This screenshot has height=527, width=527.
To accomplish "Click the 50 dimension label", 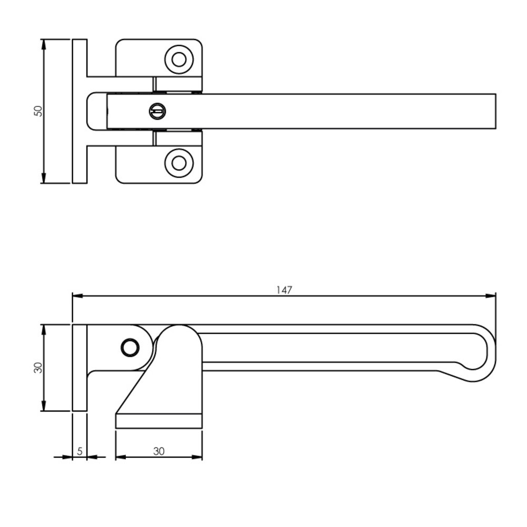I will pyautogui.click(x=37, y=111).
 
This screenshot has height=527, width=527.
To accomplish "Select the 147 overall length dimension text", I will pyautogui.click(x=284, y=289).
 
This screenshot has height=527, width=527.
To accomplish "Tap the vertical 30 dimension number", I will pyautogui.click(x=37, y=368).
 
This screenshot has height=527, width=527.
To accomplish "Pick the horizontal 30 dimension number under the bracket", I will pyautogui.click(x=159, y=451).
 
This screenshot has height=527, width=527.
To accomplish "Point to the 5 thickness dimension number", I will pyautogui.click(x=80, y=451).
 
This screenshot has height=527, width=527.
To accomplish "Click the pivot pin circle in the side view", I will pyautogui.click(x=129, y=347).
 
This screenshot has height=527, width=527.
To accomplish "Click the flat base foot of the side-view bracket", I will pyautogui.click(x=159, y=421).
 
